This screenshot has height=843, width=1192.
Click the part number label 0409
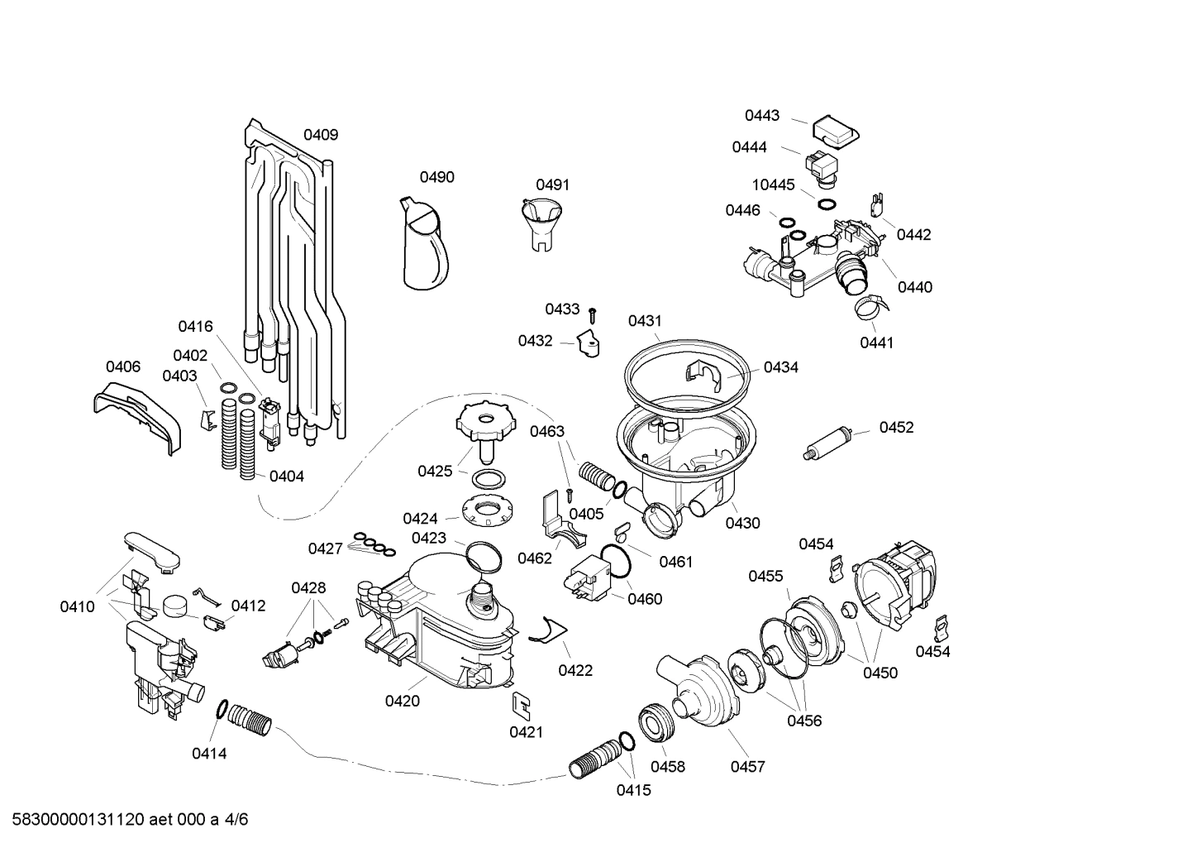pos(320,135)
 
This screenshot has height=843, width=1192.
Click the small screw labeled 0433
pos(593,314)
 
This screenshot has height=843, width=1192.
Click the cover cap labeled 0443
pos(834,131)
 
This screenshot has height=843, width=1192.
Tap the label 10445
pos(773,184)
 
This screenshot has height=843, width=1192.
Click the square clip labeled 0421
pos(522,705)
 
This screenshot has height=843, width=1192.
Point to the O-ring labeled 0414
pos(222,708)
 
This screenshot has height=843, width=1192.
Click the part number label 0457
pos(747,767)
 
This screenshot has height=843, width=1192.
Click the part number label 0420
pos(402,701)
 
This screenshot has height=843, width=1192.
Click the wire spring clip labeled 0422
pos(544,631)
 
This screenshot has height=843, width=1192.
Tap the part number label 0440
pos(914,287)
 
